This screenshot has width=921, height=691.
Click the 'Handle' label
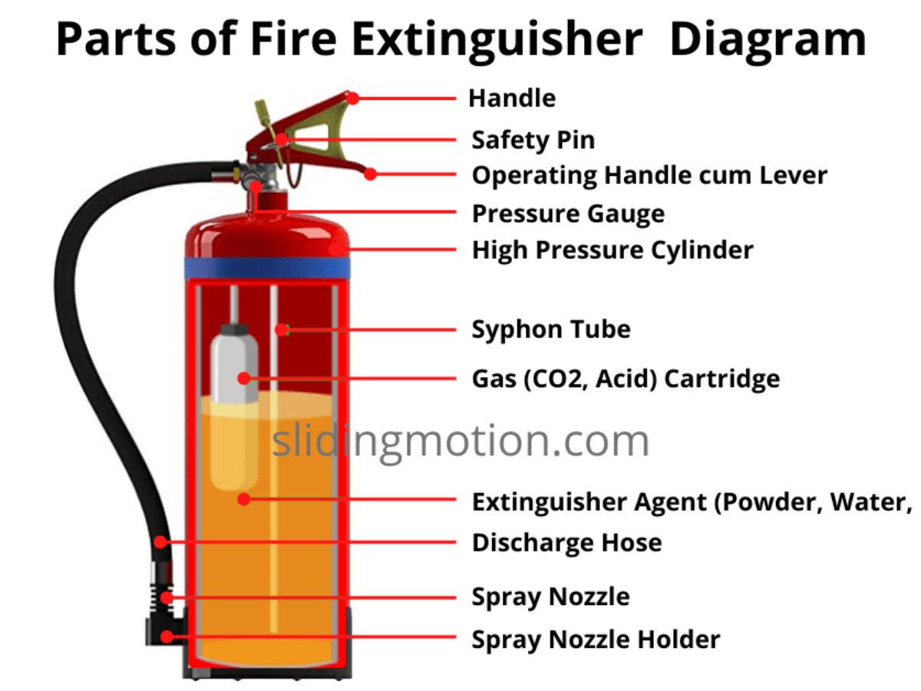(x=512, y=98)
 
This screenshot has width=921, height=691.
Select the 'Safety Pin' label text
(x=533, y=141)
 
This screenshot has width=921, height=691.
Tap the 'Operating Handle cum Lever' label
(x=649, y=175)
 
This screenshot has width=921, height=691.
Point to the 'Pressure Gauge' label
(x=569, y=214)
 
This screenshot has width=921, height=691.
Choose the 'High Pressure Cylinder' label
(x=612, y=250)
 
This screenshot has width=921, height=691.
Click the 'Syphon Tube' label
(x=551, y=329)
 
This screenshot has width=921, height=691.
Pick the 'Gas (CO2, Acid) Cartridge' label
(x=626, y=379)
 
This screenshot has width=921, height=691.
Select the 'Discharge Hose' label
(x=567, y=543)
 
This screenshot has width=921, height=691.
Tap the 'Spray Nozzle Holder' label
(x=596, y=640)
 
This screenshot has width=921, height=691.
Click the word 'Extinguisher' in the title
(x=497, y=40)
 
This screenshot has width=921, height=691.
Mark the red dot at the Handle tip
(x=353, y=98)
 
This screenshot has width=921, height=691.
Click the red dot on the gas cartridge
(x=244, y=379)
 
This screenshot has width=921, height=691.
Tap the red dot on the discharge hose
(x=160, y=542)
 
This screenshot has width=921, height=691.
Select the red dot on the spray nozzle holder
(x=167, y=637)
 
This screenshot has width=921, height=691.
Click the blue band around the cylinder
(x=267, y=269)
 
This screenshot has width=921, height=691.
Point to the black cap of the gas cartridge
(x=234, y=329)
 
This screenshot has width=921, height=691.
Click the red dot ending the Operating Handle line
(x=370, y=174)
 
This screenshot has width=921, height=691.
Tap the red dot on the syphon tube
(x=282, y=330)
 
